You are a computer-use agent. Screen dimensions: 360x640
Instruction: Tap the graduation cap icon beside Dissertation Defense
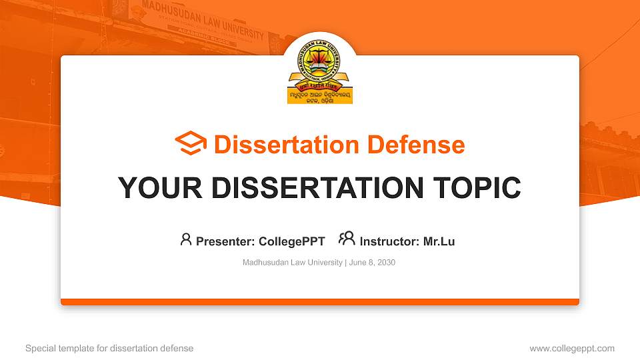(x=191, y=144)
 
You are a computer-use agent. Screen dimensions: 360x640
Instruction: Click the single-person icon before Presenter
(x=186, y=239)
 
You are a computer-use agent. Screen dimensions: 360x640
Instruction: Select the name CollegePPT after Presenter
(x=291, y=241)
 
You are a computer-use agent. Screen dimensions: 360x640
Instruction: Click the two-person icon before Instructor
(x=347, y=239)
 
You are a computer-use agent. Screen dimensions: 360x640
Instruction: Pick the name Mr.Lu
(x=439, y=241)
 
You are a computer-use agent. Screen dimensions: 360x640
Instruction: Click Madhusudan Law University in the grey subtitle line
(x=292, y=263)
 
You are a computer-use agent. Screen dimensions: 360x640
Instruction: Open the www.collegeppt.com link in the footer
(x=571, y=348)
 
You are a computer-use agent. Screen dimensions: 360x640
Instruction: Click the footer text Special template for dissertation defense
(x=109, y=348)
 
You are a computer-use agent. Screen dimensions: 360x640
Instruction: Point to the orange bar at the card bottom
(x=320, y=302)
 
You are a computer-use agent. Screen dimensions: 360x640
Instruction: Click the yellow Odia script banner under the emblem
(x=319, y=96)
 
